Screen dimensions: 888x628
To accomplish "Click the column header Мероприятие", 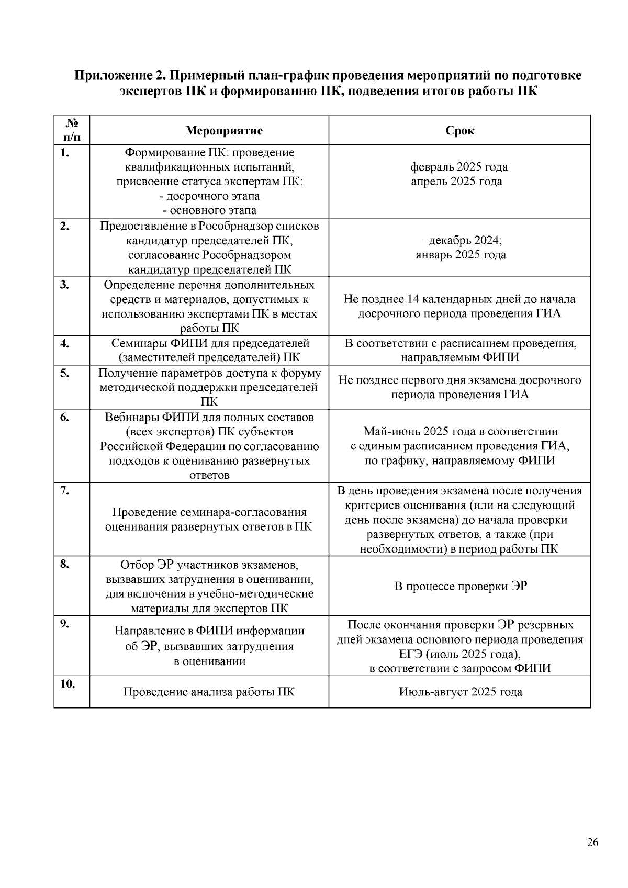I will coord(224,130).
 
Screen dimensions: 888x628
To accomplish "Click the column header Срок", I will coord(459,130).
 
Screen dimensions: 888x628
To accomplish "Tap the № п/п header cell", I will coord(72,130).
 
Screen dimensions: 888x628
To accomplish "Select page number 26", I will coord(592,842).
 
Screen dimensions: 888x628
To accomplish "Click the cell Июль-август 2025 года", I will coord(460,692).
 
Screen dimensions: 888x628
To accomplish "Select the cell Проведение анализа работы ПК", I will coord(209,692).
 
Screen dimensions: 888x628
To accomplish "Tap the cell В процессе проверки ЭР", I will coord(460,586).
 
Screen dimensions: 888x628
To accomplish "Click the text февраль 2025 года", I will coord(459,167).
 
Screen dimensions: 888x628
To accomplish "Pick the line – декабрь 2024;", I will coord(460,240).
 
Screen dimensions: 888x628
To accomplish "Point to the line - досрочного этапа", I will coord(209,196).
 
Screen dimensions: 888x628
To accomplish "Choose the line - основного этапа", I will coord(209,210).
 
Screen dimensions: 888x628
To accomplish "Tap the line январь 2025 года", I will coord(460,255).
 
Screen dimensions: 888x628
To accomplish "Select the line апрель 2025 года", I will coord(456,182).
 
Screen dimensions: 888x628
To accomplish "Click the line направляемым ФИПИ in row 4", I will coord(460,357).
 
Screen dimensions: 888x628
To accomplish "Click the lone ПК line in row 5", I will coord(209,401).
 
